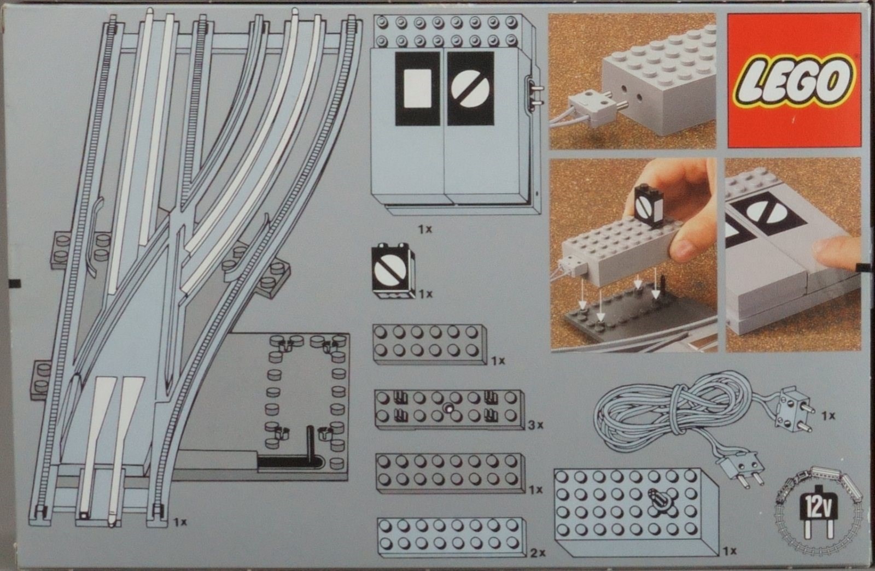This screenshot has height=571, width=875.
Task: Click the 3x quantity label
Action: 535,425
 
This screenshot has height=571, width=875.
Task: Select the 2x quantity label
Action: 538,552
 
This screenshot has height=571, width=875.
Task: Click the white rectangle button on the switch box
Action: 417,89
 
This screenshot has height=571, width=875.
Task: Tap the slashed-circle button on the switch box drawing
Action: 470,89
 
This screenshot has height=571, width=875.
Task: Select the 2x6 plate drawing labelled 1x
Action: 430,344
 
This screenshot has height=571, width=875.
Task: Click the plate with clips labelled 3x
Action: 450,409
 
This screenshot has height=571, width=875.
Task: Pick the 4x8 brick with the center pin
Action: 637,512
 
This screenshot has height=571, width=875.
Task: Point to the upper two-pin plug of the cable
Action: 795,409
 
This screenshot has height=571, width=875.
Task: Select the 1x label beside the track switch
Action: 180,522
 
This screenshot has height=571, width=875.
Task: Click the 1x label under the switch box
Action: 425,229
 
